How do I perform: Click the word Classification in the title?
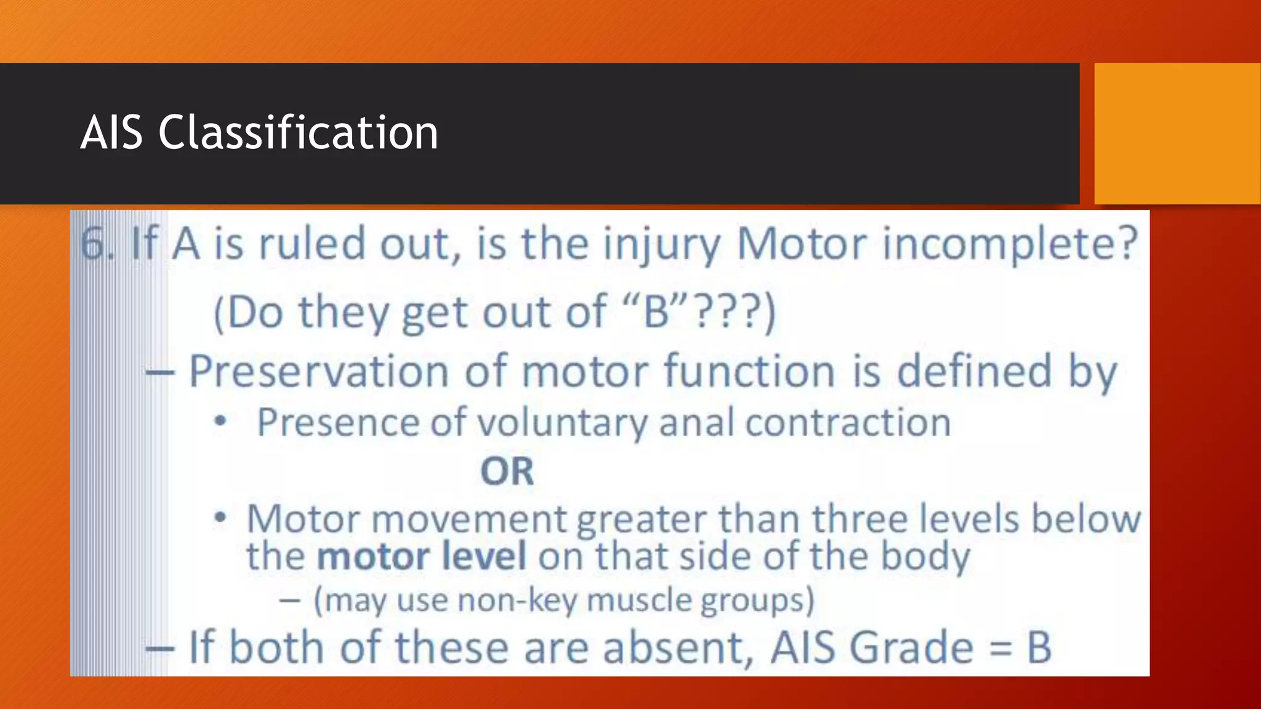coord(298,132)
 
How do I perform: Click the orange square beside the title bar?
coord(1177,134)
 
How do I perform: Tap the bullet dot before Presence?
coord(220,422)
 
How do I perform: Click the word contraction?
coord(848,423)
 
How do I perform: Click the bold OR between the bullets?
coord(507,471)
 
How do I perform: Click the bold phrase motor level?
coord(421,556)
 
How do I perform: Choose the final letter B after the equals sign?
coord(1039,648)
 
